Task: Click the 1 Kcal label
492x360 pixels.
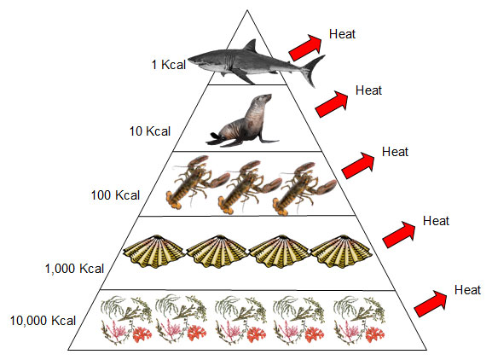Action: pyautogui.click(x=169, y=65)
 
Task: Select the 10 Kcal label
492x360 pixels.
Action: pyautogui.click(x=150, y=131)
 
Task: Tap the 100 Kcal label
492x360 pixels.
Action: pyautogui.click(x=115, y=195)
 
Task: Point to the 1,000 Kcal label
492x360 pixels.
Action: pyautogui.click(x=74, y=269)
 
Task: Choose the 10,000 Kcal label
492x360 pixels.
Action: pyautogui.click(x=43, y=321)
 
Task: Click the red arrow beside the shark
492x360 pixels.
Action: pyautogui.click(x=305, y=48)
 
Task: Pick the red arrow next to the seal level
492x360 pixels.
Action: pyautogui.click(x=332, y=104)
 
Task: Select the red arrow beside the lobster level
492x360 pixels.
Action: pyautogui.click(x=358, y=165)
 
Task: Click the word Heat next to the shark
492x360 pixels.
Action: pyautogui.click(x=342, y=34)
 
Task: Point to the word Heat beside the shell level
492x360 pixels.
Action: pyautogui.click(x=436, y=221)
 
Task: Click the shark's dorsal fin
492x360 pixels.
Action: pyautogui.click(x=251, y=46)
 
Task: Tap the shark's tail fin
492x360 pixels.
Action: pyautogui.click(x=314, y=71)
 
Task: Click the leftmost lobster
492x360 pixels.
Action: pyautogui.click(x=197, y=182)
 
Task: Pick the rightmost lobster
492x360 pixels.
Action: pyautogui.click(x=304, y=189)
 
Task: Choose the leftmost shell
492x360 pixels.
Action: pyautogui.click(x=153, y=251)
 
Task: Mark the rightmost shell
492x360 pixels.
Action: pyautogui.click(x=341, y=251)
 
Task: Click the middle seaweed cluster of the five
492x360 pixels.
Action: pyautogui.click(x=241, y=319)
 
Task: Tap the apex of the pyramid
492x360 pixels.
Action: pyautogui.click(x=247, y=10)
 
